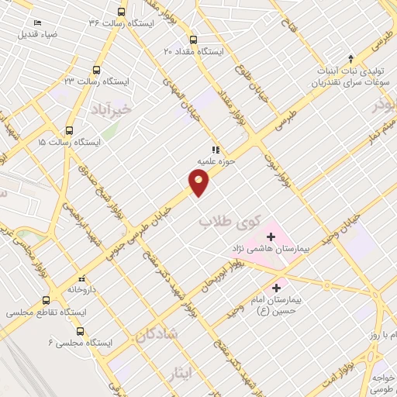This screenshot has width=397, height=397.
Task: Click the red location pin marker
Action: (199, 183)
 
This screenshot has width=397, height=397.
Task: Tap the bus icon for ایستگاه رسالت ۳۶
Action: (121, 12)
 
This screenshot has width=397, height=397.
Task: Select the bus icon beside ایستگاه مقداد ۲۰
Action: (193, 40)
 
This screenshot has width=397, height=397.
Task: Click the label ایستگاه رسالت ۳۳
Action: (97, 81)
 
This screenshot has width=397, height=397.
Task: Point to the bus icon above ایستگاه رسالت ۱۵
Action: (69, 130)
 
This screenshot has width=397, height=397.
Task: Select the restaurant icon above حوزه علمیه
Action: (215, 150)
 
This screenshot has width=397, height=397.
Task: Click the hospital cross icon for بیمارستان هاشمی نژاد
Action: (271, 236)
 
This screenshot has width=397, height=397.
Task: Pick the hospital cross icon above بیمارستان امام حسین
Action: (277, 288)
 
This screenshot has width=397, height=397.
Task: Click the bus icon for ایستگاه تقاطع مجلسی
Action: (46, 299)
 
